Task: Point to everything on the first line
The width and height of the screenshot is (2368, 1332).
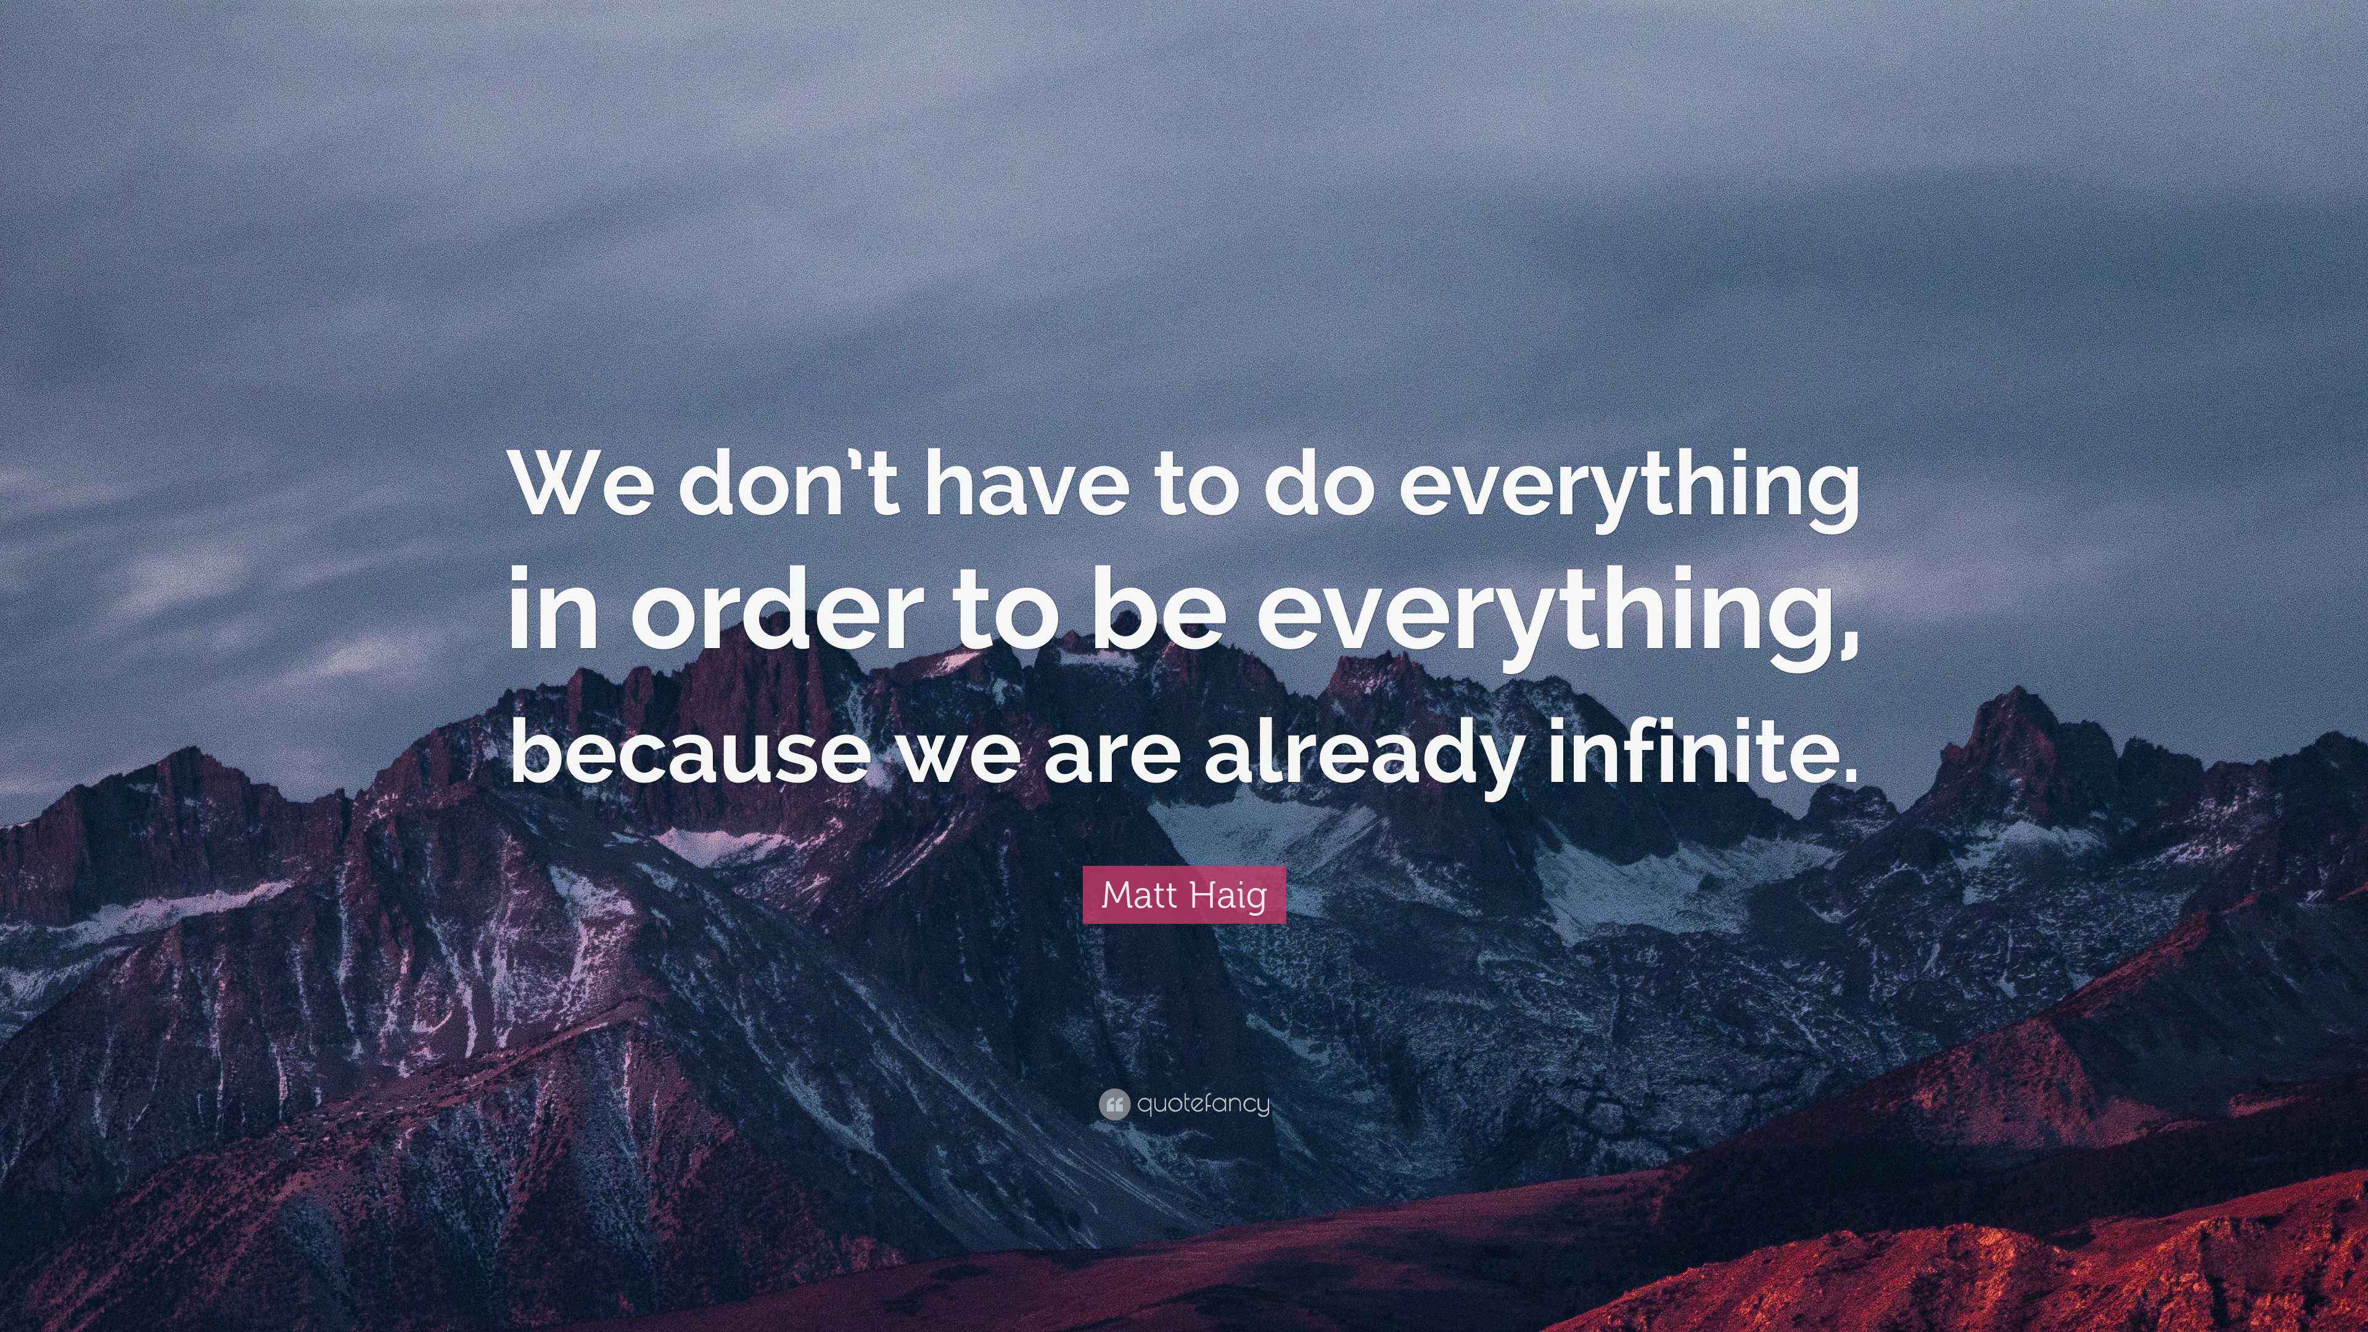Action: click(1628, 496)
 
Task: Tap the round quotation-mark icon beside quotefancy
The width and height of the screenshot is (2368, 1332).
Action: click(1113, 1104)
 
